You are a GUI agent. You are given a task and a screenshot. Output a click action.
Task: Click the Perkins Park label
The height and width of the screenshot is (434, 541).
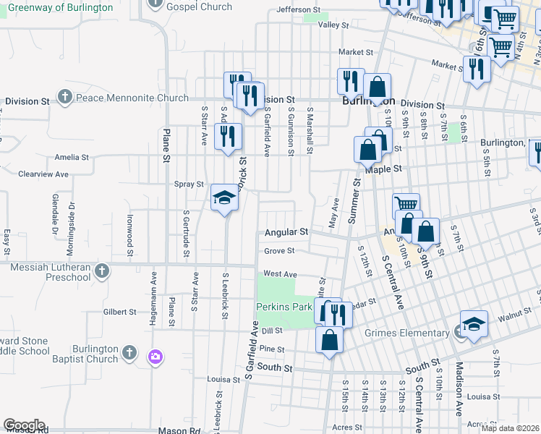pyautogui.click(x=284, y=307)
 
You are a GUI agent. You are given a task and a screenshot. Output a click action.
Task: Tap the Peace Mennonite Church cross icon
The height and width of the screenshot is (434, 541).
pyautogui.click(x=65, y=97)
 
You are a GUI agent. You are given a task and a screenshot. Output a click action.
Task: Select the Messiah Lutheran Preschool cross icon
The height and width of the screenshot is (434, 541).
pyautogui.click(x=102, y=272)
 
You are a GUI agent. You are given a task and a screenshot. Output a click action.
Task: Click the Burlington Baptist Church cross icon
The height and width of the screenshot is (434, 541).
pyautogui.click(x=129, y=353)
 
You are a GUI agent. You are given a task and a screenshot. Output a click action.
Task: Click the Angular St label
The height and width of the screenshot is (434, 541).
pyautogui.click(x=286, y=232)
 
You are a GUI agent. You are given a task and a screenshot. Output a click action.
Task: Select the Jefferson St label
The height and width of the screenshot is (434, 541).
pyautogui.click(x=299, y=11)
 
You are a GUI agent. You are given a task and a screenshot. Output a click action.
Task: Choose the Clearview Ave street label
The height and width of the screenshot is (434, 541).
pyautogui.click(x=43, y=174)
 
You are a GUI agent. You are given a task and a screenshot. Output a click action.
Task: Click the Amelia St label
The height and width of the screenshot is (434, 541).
pyautogui.click(x=72, y=157)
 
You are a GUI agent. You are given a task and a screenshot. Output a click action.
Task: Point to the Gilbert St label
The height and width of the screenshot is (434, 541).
pyautogui.click(x=120, y=312)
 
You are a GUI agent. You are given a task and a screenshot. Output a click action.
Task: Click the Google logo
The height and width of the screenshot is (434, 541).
pyautogui.click(x=24, y=425)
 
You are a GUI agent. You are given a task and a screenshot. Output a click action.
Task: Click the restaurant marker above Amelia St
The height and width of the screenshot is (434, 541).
pyautogui.click(x=229, y=137)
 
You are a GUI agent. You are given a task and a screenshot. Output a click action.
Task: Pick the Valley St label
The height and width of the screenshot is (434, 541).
pyautogui.click(x=333, y=25)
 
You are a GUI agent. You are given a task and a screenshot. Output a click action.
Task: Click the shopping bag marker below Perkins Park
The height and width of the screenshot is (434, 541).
pyautogui.click(x=329, y=341)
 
